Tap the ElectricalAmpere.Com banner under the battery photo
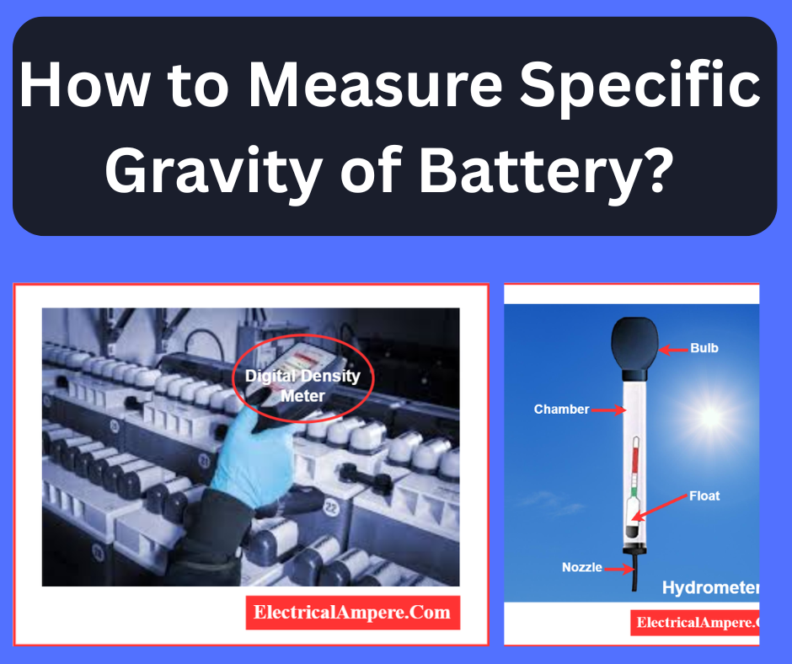coord(353,612)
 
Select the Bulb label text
coord(704,347)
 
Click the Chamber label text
coord(561,410)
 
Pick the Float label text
coord(704,495)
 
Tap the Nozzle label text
coord(582,567)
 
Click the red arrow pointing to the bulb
coord(672,348)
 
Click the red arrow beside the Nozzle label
coord(620,569)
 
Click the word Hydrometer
coord(710,587)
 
